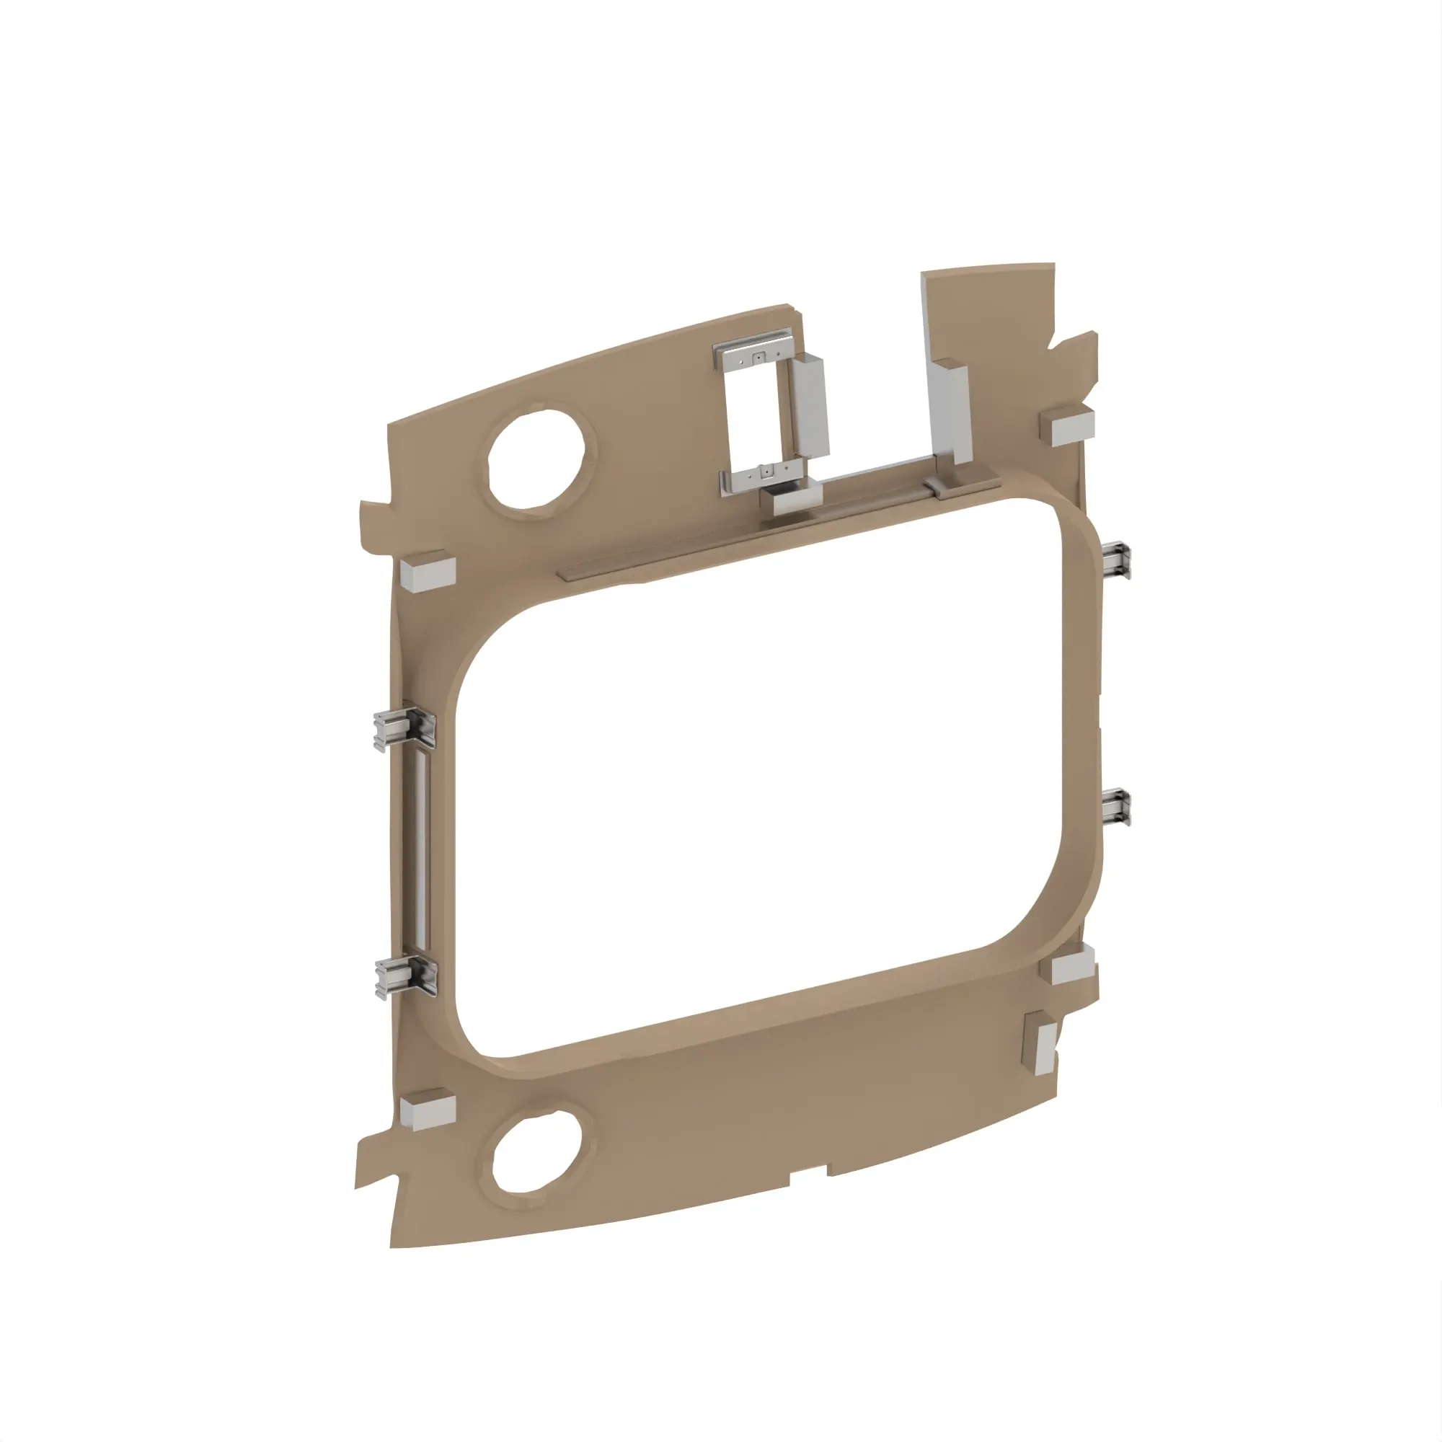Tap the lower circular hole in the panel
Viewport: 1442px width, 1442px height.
click(536, 1151)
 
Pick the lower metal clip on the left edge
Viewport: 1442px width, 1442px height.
click(406, 977)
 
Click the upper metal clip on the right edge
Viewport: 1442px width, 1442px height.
click(1118, 559)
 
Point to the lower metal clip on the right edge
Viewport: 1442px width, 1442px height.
click(1118, 808)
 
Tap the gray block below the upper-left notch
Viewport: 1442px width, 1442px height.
click(428, 573)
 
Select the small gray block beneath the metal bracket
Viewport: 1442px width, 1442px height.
click(797, 502)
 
